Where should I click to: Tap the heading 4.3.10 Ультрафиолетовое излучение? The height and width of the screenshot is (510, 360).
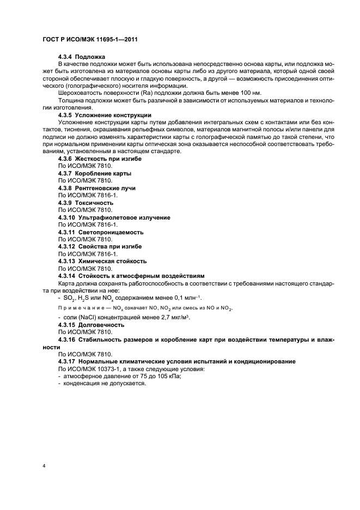point(114,217)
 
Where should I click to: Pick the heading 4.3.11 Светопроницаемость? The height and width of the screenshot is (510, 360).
point(101,232)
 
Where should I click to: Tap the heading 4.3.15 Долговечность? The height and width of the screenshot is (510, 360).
point(91,325)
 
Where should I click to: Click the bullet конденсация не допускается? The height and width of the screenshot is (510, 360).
point(105,383)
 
